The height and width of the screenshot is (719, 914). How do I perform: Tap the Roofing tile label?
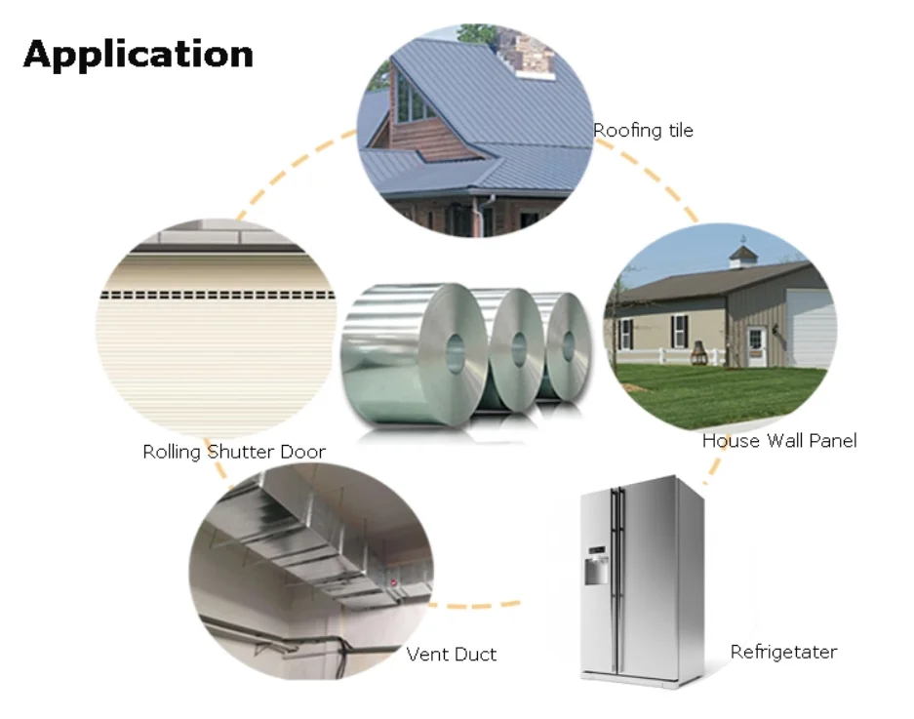click(x=643, y=130)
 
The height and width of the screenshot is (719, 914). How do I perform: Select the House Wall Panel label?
click(x=778, y=440)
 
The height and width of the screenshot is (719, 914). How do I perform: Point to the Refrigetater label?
click(x=783, y=652)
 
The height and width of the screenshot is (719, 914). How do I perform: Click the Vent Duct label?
click(x=452, y=654)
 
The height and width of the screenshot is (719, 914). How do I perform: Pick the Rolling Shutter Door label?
click(x=234, y=452)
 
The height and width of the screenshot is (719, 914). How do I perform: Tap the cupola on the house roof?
click(x=743, y=256)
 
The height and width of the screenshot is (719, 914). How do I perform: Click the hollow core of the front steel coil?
click(x=457, y=351)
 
